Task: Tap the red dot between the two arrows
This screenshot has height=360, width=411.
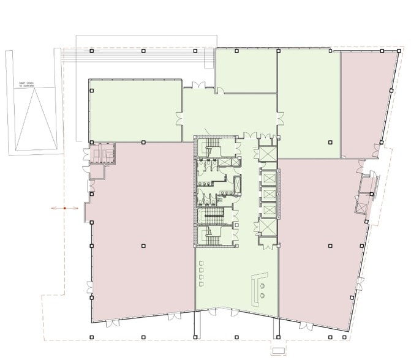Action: click(65, 208)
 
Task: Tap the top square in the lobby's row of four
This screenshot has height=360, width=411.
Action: click(202, 265)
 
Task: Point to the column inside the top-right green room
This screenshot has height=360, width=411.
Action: click(331, 142)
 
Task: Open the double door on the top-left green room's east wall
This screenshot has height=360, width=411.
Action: click(180, 116)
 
